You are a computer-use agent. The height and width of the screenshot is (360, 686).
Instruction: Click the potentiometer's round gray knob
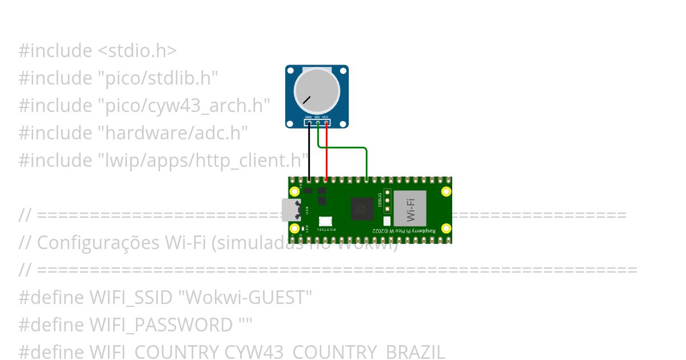[317, 92]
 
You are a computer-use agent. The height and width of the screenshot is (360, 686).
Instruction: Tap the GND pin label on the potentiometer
[308, 117]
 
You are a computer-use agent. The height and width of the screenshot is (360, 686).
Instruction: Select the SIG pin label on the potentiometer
[317, 117]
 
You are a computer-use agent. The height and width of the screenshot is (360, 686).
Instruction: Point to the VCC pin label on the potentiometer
[325, 117]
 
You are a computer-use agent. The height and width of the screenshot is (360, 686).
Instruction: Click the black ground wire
[309, 151]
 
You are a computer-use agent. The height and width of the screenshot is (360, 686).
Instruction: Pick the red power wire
[326, 151]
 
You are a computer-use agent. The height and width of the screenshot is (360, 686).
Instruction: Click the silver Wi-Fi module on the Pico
[409, 208]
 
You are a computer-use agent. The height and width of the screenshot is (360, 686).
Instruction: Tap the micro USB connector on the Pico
[290, 210]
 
